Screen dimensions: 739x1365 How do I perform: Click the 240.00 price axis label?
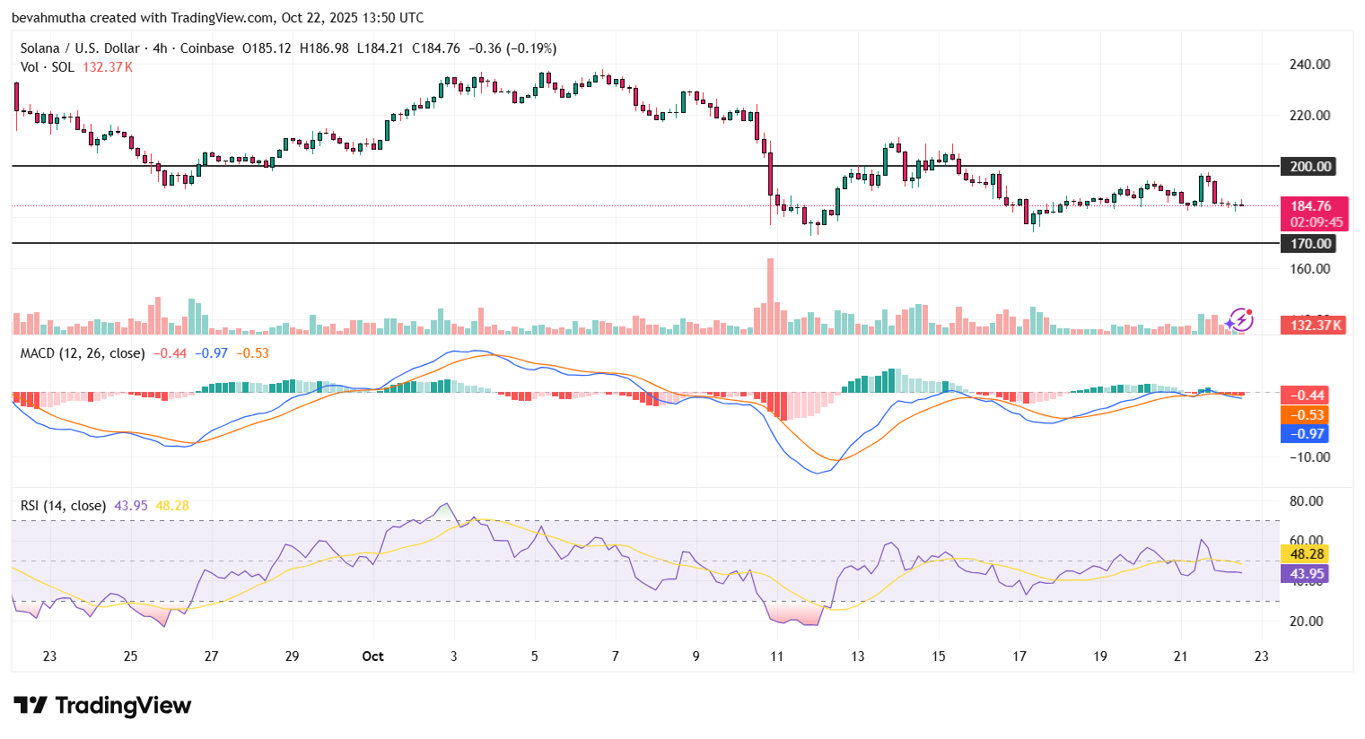[x=1309, y=65]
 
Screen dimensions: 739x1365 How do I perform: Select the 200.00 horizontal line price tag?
[x=1310, y=167]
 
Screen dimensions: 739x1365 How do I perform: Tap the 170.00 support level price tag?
[x=1310, y=244]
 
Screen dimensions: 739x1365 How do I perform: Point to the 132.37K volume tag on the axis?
[x=1316, y=325]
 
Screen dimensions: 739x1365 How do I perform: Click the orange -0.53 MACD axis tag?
[x=1308, y=414]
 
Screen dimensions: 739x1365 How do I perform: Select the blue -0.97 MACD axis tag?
[x=1308, y=434]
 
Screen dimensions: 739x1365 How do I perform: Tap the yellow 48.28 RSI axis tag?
[x=1307, y=554]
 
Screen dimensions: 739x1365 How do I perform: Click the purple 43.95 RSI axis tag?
[x=1307, y=574]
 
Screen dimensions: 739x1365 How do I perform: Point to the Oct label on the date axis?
[x=372, y=656]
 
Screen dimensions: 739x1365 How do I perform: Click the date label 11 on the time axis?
[x=776, y=656]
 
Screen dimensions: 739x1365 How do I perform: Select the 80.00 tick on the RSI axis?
[x=1306, y=501]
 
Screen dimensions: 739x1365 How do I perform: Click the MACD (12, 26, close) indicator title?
[x=82, y=353]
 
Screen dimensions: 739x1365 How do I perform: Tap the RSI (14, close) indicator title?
[x=63, y=506]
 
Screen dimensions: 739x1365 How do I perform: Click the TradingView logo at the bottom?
[x=102, y=706]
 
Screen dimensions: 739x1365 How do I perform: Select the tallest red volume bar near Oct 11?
[x=770, y=296]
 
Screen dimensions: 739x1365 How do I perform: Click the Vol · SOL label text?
[x=48, y=67]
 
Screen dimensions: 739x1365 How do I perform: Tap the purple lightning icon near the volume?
[x=1240, y=319]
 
